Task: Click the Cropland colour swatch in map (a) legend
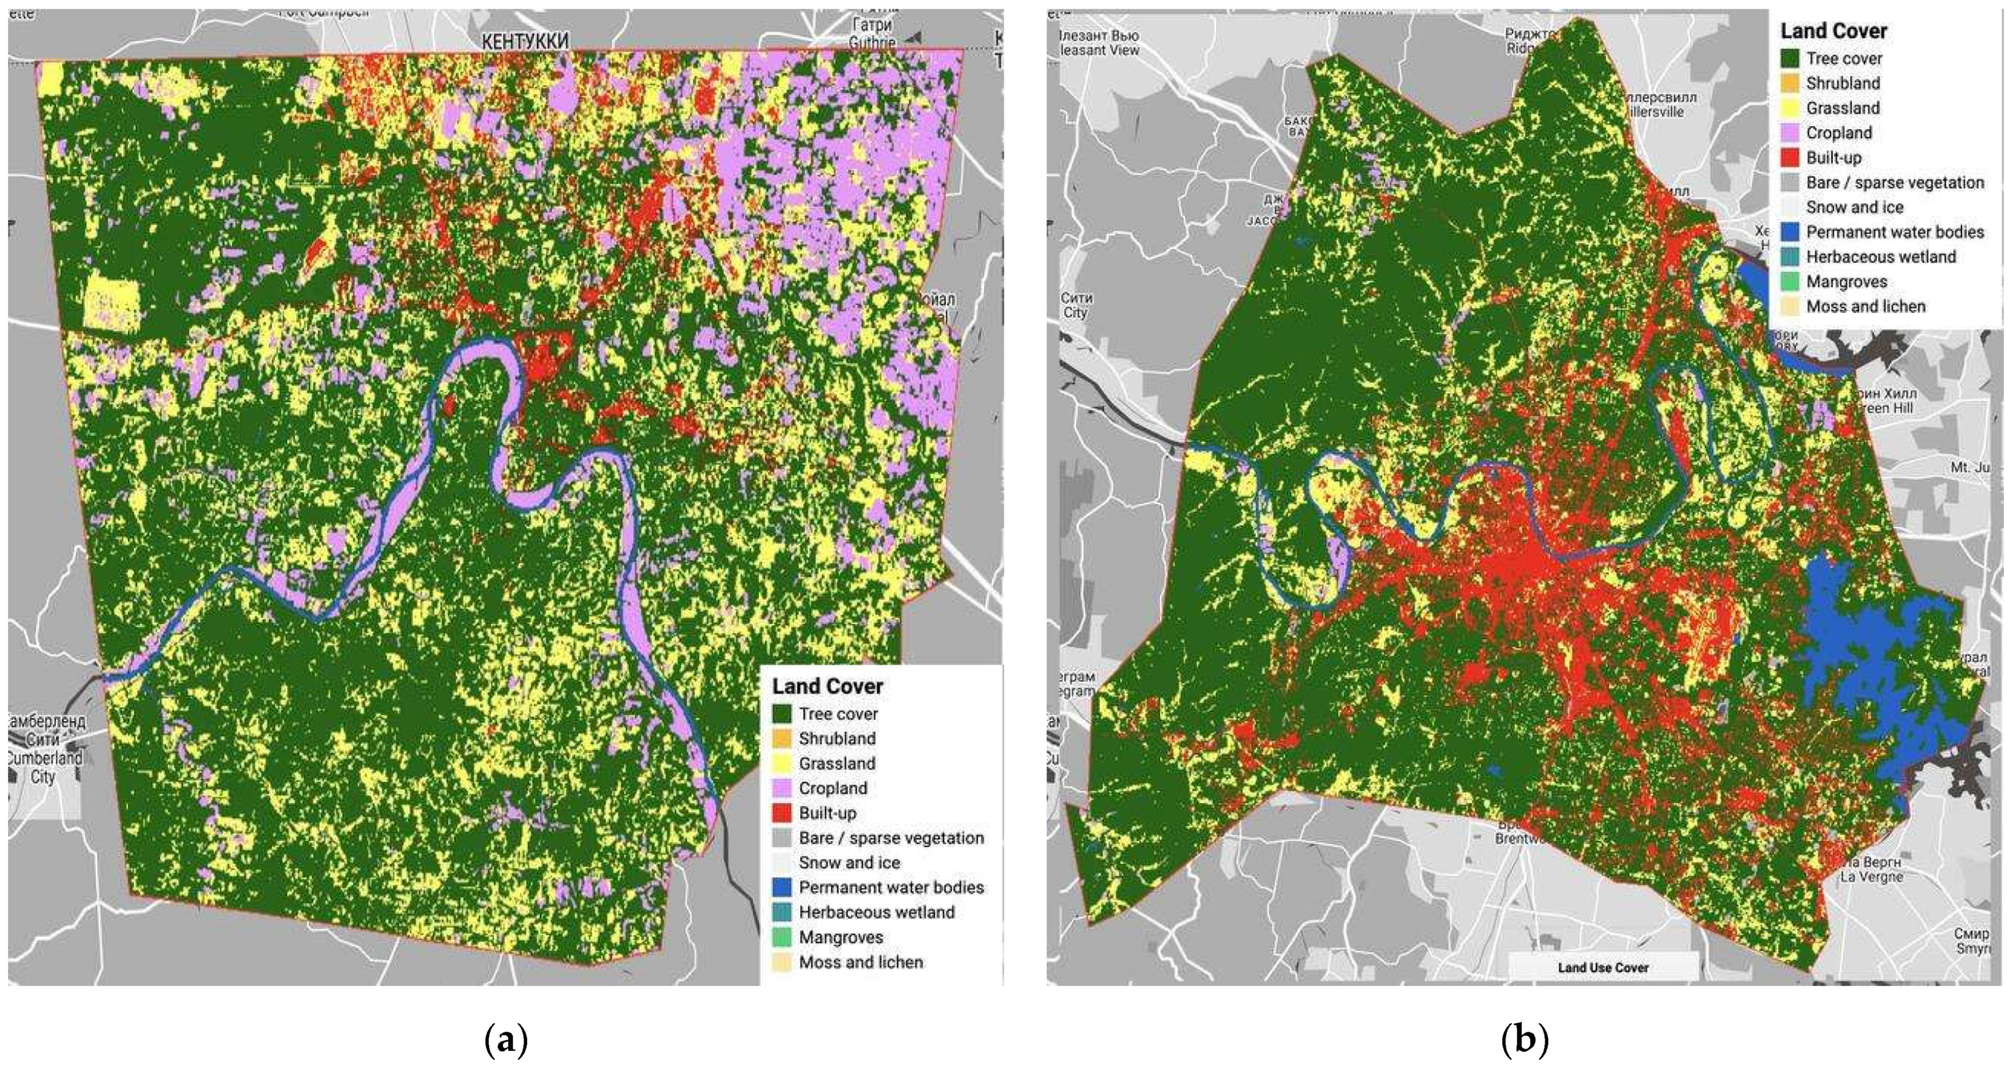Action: pos(783,788)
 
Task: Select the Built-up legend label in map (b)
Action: pos(1833,157)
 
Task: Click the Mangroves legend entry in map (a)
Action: pos(841,937)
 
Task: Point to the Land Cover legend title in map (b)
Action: pos(1833,31)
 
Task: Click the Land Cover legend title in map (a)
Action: pos(827,687)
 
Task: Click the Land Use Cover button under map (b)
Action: pos(1603,967)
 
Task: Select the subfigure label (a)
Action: pos(506,1040)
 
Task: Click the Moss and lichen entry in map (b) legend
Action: pos(1866,307)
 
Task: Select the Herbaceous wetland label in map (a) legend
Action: pos(876,912)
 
